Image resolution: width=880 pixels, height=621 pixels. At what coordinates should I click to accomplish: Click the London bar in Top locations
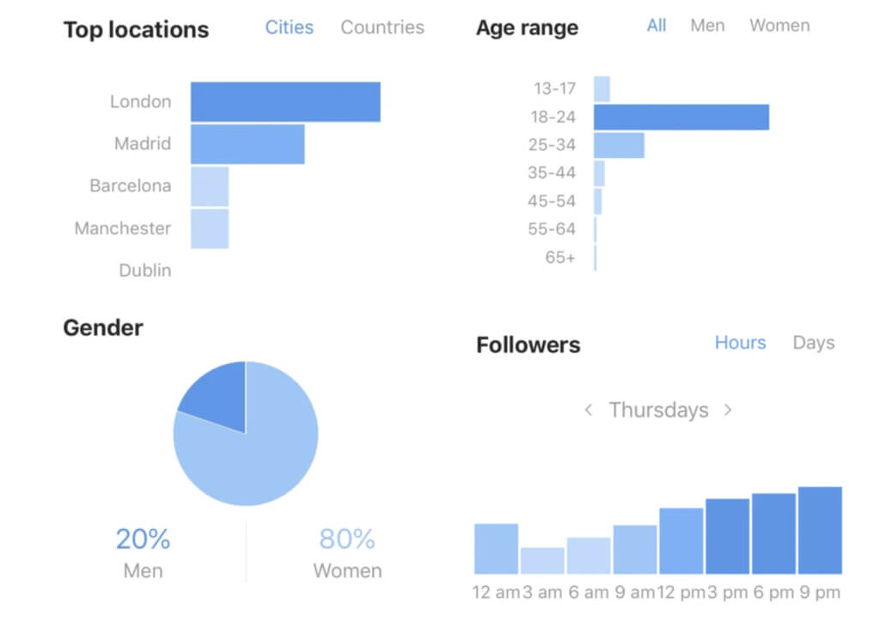click(285, 101)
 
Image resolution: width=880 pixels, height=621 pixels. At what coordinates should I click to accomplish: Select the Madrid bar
click(247, 143)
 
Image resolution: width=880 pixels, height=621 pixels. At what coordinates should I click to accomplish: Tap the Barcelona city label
click(131, 186)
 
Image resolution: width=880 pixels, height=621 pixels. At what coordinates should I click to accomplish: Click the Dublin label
click(145, 271)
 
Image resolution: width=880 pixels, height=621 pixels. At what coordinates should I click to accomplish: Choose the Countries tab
click(382, 27)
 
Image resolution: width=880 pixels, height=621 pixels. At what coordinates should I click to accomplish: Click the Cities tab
click(290, 27)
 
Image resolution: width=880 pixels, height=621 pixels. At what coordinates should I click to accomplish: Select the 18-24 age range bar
click(681, 117)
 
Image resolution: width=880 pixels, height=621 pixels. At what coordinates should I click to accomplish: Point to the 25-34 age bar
click(619, 145)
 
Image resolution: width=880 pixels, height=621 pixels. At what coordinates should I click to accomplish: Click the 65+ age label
click(560, 257)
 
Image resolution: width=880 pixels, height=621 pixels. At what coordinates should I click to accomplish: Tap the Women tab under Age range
click(779, 26)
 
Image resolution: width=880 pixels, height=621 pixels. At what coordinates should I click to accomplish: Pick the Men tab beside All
click(707, 26)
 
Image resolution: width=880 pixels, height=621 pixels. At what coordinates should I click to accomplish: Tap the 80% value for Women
click(347, 539)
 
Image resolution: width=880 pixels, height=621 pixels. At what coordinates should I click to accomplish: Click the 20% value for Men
click(143, 539)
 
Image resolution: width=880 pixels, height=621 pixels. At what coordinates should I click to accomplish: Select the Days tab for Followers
click(813, 343)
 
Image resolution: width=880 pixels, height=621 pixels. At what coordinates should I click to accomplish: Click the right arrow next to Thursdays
click(728, 411)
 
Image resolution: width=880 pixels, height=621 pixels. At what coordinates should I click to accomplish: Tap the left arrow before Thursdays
click(589, 411)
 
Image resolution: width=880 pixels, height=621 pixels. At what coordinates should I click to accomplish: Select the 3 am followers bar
click(542, 561)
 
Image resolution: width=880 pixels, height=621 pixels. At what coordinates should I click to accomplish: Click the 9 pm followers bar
click(820, 530)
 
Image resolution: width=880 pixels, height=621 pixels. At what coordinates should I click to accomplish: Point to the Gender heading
click(103, 327)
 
